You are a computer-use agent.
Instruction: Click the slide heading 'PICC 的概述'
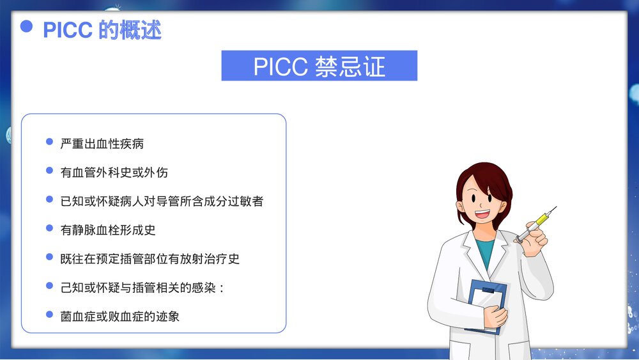coord(102,29)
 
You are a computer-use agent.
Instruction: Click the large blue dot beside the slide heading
coord(27,26)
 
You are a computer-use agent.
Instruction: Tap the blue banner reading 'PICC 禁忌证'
coord(319,66)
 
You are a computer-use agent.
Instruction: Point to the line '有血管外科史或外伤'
coord(114,172)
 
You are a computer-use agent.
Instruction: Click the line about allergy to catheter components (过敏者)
coord(162,201)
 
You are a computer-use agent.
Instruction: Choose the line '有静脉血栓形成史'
coord(108,229)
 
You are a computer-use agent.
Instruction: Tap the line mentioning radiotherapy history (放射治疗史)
coord(150,258)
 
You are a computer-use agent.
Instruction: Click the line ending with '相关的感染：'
coord(142,287)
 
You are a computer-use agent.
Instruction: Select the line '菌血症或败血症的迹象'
coord(120,316)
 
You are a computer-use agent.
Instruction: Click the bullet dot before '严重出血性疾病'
coord(49,142)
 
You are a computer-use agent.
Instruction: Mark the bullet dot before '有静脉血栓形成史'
coord(49,228)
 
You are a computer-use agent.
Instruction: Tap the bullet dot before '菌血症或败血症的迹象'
coord(49,315)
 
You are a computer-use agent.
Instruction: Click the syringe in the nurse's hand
coord(539,222)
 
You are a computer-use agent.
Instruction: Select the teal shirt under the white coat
coord(486,251)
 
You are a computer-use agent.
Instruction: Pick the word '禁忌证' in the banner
coord(350,66)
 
